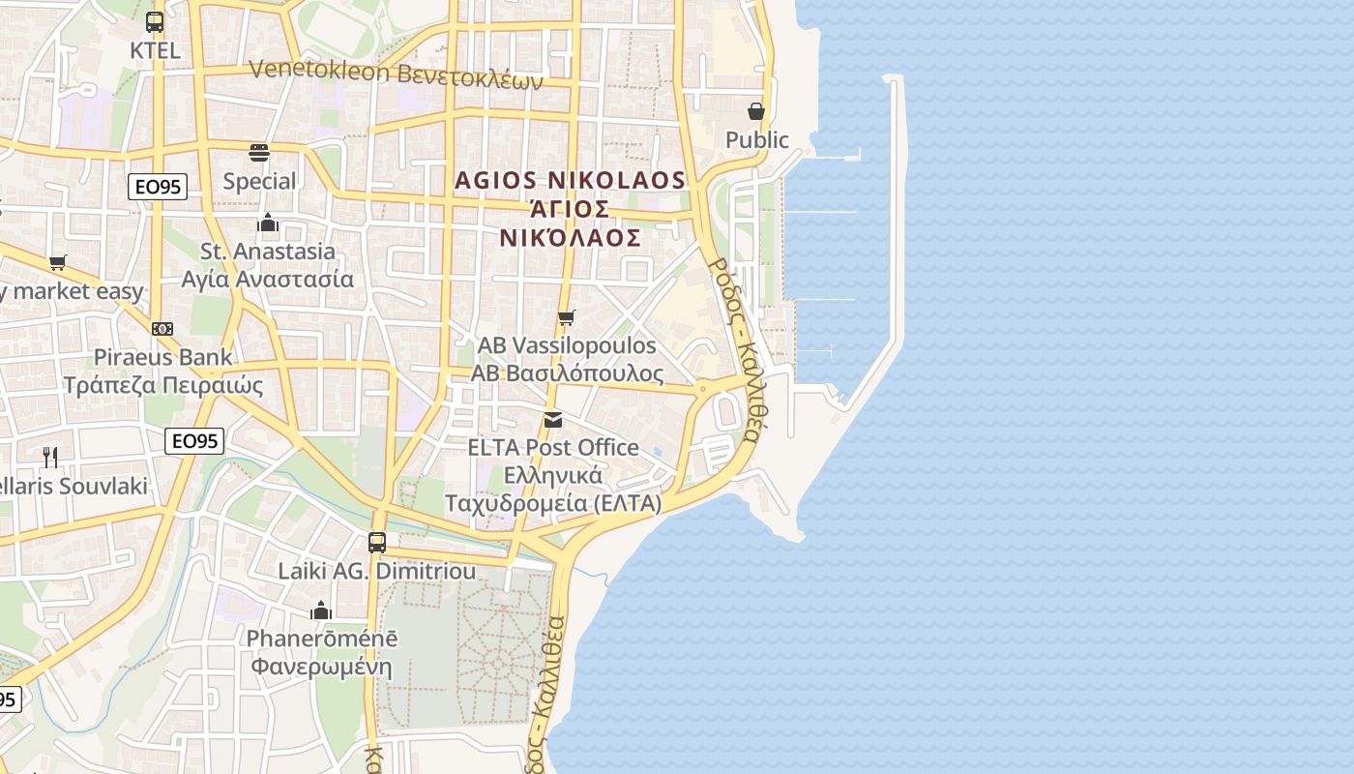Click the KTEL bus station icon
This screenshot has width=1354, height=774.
pos(155,21)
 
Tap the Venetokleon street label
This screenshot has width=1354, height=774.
pos(397,74)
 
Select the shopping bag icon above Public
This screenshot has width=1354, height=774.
pos(756,111)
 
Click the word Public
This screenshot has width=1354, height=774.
pos(756,140)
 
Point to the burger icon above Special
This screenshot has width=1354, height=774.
pos(259,152)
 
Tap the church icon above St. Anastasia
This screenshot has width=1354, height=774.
pos(268,223)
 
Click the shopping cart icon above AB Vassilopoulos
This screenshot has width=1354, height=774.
pos(567,317)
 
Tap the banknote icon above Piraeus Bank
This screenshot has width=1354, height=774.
pos(162,329)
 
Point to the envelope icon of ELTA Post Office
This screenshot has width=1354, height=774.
pos(553,420)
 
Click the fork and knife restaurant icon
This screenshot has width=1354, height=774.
pos(50,457)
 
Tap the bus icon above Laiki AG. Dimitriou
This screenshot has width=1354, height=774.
pos(377,543)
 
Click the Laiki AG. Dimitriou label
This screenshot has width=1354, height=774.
pos(377,571)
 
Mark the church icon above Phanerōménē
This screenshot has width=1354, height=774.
pos(321,610)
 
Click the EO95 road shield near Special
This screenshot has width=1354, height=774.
pos(158,187)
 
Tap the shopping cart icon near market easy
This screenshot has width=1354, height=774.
pos(58,262)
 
